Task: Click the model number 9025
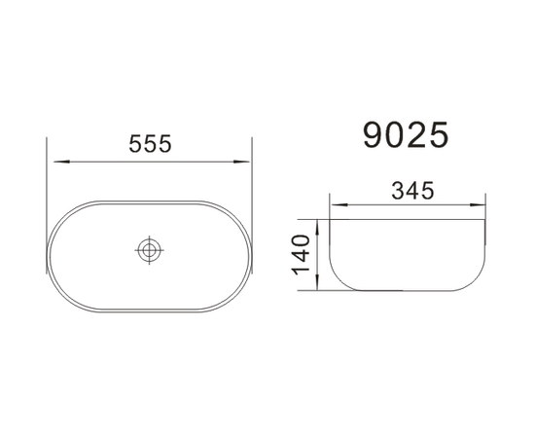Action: pyautogui.click(x=406, y=134)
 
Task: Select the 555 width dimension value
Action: pyautogui.click(x=151, y=143)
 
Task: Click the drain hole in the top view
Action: pyautogui.click(x=149, y=250)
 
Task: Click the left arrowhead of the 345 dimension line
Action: pyautogui.click(x=336, y=205)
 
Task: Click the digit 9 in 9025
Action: pyautogui.click(x=374, y=134)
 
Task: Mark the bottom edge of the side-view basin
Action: pyautogui.click(x=409, y=291)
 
